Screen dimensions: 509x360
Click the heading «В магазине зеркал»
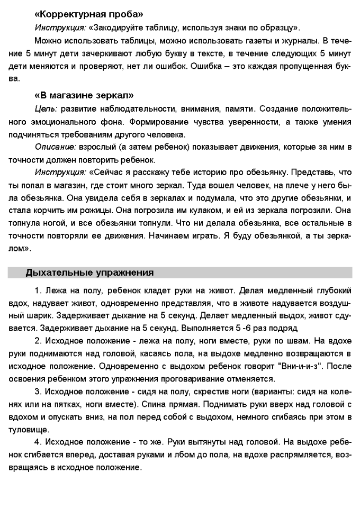tap(83, 95)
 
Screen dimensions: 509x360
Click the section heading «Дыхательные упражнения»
tap(89, 273)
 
